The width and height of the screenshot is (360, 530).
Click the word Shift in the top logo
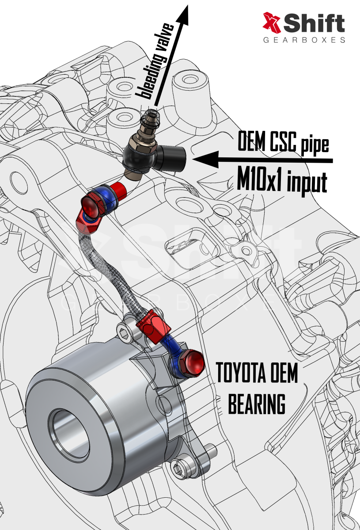click(314, 23)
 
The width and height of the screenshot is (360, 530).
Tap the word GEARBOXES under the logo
click(304, 40)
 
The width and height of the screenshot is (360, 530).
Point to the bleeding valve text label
click(155, 61)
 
